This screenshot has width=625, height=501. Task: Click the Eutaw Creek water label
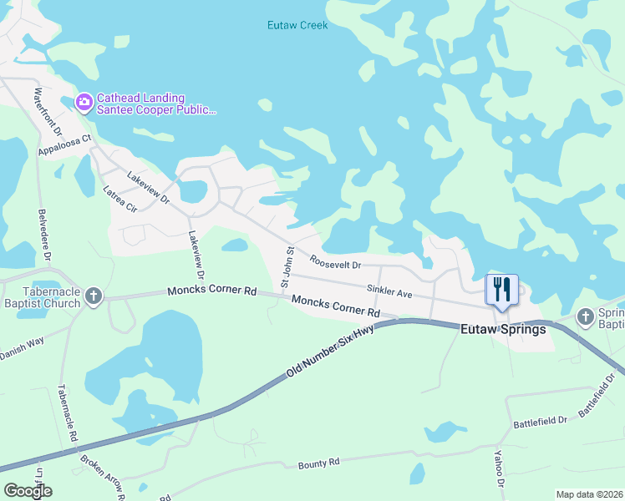tap(297, 25)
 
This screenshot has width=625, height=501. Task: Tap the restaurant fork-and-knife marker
tap(502, 290)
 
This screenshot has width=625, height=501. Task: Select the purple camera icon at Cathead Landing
tap(84, 102)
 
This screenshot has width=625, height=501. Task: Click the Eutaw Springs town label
tap(503, 330)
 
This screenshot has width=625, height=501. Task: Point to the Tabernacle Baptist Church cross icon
tap(93, 295)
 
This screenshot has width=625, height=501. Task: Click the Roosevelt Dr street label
tap(334, 262)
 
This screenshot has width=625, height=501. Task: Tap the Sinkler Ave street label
tap(389, 292)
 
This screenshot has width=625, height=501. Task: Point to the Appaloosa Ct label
tap(64, 145)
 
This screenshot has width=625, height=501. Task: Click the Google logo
tap(28, 491)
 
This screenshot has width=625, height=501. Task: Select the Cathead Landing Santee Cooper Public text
tap(155, 104)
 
